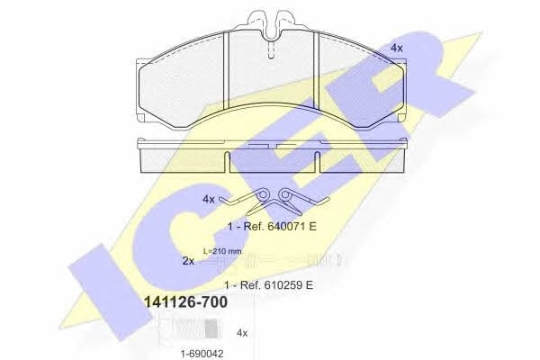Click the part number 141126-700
184,302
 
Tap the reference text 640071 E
280,226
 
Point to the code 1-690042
202,354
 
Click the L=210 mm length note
222,251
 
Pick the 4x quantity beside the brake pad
396,48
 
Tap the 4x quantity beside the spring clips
209,199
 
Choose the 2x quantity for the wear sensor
188,261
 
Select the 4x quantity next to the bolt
242,333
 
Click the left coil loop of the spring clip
263,195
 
